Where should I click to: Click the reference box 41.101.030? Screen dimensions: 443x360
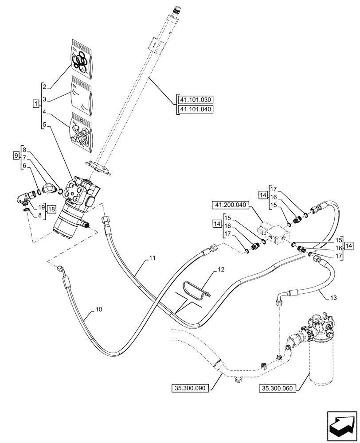(x=195, y=99)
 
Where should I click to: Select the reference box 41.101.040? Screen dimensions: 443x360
(x=195, y=109)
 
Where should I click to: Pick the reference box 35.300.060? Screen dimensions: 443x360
(x=278, y=389)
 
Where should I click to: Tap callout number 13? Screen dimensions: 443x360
(x=334, y=297)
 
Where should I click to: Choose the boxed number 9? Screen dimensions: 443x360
(x=16, y=155)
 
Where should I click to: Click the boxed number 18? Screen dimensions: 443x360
(x=51, y=209)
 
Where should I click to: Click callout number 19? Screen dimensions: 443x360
(x=40, y=206)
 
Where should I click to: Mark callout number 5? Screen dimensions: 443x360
(x=44, y=125)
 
